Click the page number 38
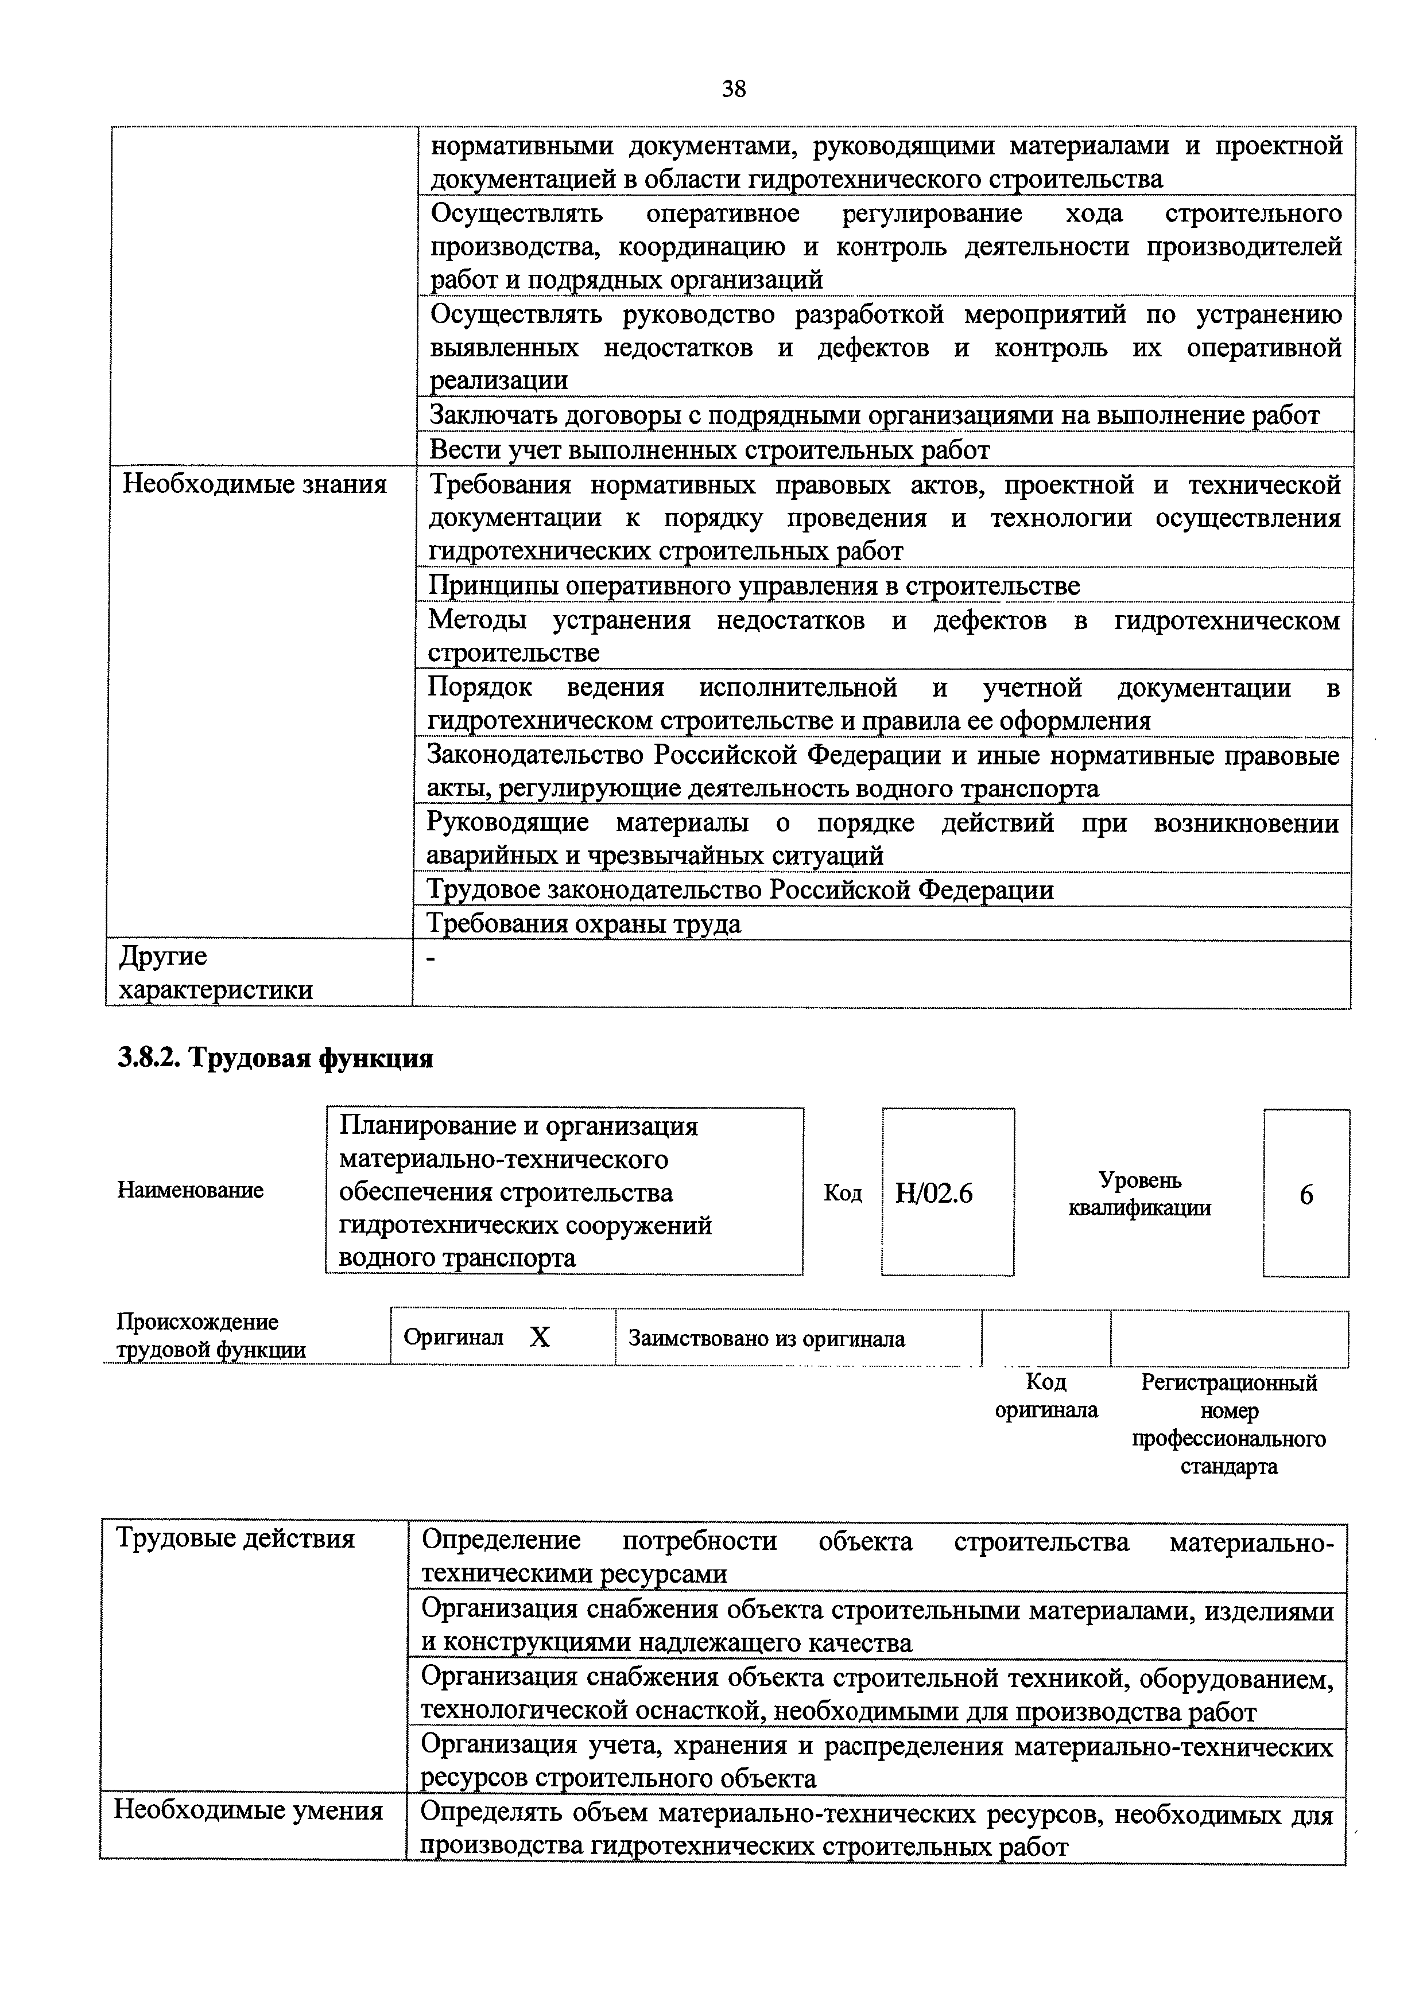coord(733,88)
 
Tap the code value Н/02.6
coord(934,1194)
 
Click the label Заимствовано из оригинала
coord(766,1339)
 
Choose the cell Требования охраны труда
coord(584,924)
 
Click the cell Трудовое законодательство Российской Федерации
coord(740,890)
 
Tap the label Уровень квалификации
coord(1140,1194)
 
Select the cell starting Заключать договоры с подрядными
coord(874,415)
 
